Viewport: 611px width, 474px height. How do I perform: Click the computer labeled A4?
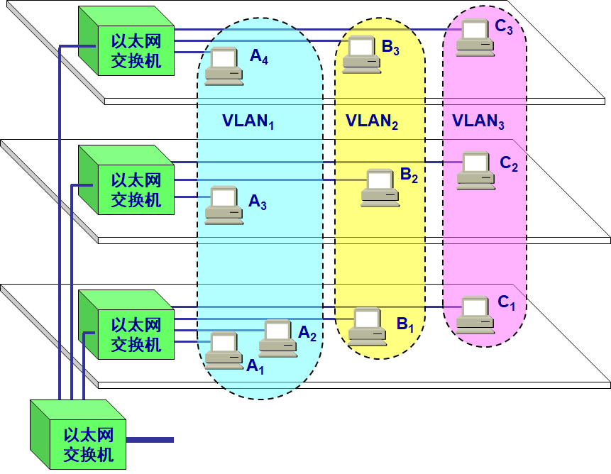[x=224, y=66]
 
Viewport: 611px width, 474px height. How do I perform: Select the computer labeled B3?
[x=361, y=55]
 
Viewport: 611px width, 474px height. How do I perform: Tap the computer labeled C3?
[x=475, y=38]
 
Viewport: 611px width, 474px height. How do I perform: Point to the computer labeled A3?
[x=224, y=205]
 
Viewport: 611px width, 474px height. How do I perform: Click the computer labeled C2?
[x=475, y=171]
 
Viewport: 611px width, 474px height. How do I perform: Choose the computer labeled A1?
[x=224, y=351]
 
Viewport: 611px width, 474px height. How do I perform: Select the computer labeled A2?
[x=277, y=338]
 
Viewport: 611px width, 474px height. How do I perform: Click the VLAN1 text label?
[x=248, y=121]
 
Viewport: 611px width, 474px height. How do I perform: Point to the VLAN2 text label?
[x=372, y=121]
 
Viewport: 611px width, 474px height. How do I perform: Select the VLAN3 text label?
[x=478, y=121]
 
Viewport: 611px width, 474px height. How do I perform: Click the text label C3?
[x=509, y=28]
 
